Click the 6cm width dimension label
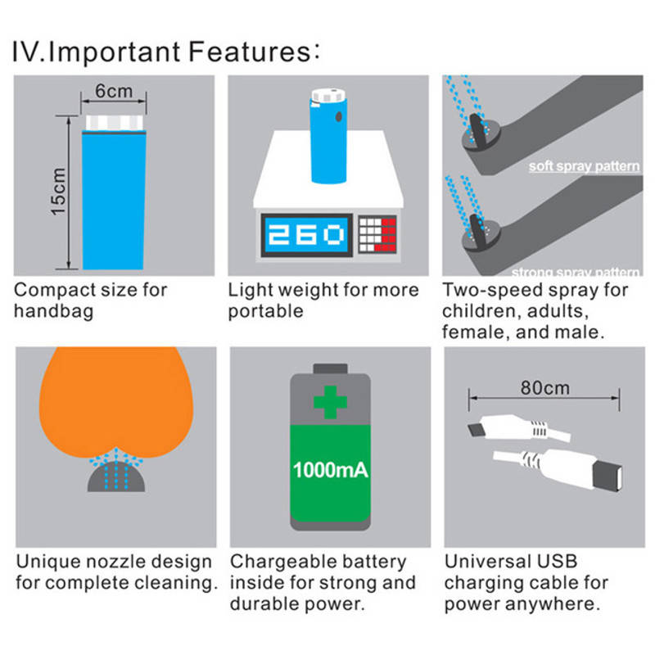tap(114, 91)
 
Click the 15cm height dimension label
tap(58, 192)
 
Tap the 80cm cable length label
tap(544, 388)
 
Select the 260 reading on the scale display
tap(305, 234)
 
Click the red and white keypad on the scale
tap(377, 234)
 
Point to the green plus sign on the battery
tap(330, 402)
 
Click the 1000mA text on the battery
tap(330, 470)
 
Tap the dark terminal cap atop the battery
tap(330, 368)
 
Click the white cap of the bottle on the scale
tap(329, 96)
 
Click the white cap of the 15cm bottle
tap(114, 123)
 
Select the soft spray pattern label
tap(584, 166)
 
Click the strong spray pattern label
tap(576, 273)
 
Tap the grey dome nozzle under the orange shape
tap(116, 477)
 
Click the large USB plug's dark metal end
tap(608, 476)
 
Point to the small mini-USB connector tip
tap(475, 430)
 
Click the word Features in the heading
tap(251, 52)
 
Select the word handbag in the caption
tap(53, 312)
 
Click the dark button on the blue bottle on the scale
tap(338, 116)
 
